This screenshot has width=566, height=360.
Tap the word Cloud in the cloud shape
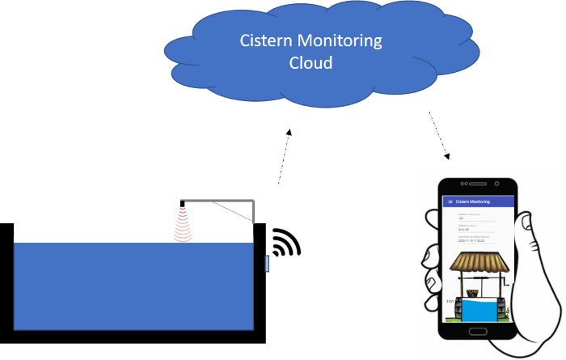310,63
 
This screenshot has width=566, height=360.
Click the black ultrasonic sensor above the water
184,203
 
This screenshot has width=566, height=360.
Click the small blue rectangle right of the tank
268,264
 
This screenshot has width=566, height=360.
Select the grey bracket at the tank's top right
253,210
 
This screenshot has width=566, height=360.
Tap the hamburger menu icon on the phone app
448,201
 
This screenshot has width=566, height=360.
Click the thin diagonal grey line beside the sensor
233,212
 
